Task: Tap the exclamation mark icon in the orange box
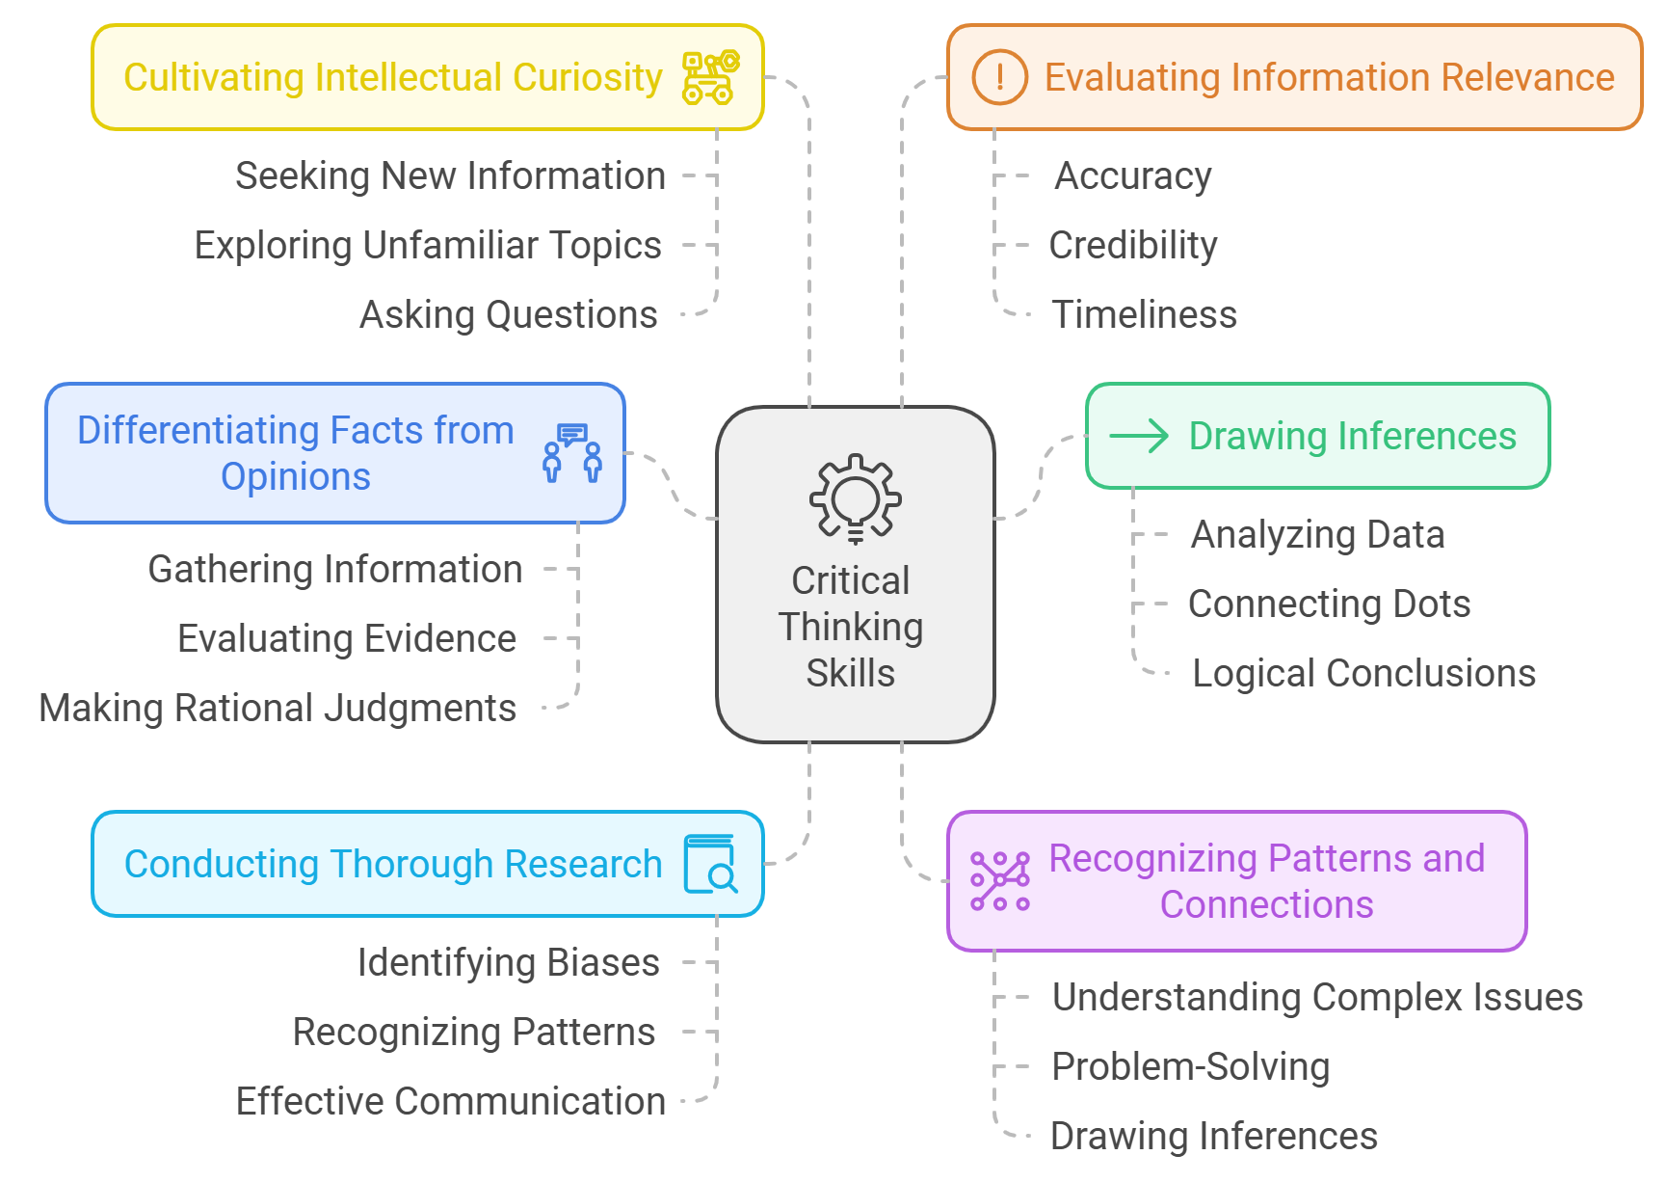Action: [x=999, y=77]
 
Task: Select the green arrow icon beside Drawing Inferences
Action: [x=1139, y=436]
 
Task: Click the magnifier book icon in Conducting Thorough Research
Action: [x=711, y=864]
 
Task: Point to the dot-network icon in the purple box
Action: [x=1000, y=881]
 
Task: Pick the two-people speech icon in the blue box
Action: [x=572, y=453]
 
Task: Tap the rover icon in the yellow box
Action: [x=711, y=77]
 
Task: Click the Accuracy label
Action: [x=1133, y=176]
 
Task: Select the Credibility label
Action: [x=1133, y=246]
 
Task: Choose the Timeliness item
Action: [x=1144, y=315]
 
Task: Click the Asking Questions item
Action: [x=509, y=315]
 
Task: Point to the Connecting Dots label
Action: [x=1330, y=604]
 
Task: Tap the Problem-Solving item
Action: [x=1191, y=1067]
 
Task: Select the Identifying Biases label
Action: [x=509, y=963]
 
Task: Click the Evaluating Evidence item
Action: [x=347, y=639]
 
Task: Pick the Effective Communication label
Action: [x=451, y=1101]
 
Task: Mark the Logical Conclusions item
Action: [x=1364, y=674]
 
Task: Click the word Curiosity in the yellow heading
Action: [x=588, y=78]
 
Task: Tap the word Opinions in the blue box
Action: [x=296, y=477]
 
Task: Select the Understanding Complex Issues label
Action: [x=1317, y=998]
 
